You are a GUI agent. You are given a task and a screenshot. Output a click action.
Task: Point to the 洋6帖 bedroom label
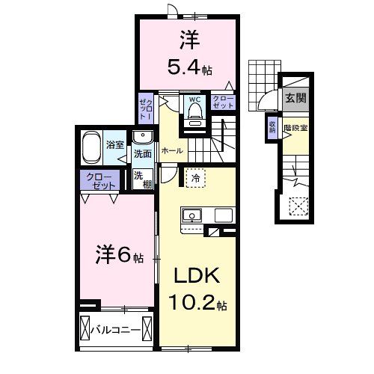(x=118, y=257)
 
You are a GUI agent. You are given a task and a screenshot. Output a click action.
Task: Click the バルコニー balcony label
(x=120, y=328)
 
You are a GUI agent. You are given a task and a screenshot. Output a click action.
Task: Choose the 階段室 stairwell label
(x=294, y=127)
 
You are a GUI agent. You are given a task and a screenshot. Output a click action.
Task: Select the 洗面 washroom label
(x=142, y=154)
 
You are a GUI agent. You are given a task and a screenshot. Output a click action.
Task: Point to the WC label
(x=194, y=99)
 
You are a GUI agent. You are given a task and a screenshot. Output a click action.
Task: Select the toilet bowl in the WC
(x=194, y=112)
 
